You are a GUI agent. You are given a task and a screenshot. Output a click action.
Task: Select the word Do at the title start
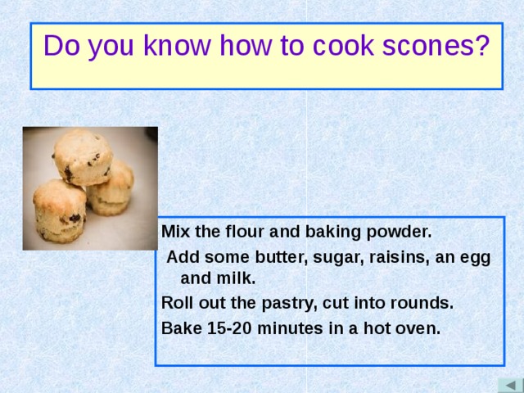[x=61, y=47]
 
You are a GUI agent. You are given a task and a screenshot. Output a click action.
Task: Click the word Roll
[x=178, y=303]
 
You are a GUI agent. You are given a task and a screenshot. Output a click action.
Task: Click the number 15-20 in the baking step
[x=222, y=328]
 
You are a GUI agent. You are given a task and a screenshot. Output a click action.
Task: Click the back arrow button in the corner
[x=509, y=385]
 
